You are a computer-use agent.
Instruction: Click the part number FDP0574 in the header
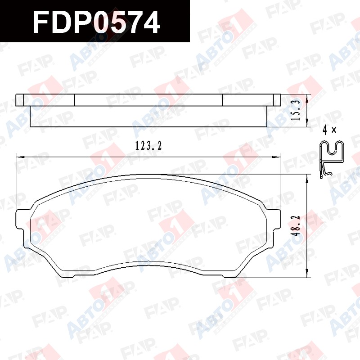pos(96,22)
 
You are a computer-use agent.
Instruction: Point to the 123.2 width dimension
pos(148,145)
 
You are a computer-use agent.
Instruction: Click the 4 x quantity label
pos(329,130)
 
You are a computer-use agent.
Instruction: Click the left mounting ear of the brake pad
pos(20,219)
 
